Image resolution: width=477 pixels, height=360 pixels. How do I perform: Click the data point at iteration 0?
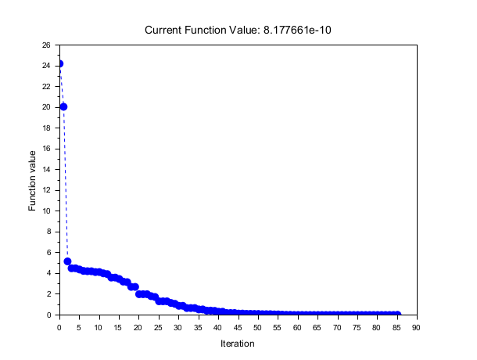(x=59, y=63)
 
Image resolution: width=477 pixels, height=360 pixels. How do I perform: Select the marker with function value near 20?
(x=63, y=106)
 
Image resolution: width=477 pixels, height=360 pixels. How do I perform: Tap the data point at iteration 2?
(x=67, y=261)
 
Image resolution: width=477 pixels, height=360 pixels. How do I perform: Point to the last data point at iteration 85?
(x=396, y=314)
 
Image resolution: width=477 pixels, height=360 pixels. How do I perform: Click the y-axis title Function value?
(x=33, y=180)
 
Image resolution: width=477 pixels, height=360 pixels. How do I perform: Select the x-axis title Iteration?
(x=238, y=343)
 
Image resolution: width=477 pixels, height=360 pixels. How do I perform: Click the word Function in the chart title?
(x=206, y=30)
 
